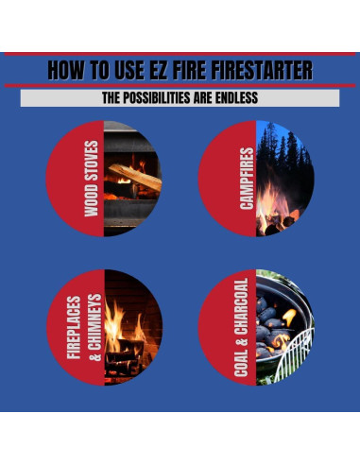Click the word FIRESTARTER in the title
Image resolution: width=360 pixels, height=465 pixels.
pos(262,70)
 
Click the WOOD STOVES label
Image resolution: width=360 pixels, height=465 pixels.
pos(92,179)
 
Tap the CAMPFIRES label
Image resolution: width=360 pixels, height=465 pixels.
pos(247,179)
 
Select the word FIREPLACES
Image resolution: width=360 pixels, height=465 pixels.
pos(74,327)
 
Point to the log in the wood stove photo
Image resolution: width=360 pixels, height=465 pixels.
pos(134,178)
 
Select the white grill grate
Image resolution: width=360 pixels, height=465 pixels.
pos(295,353)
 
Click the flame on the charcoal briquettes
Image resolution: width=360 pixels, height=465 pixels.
pos(289,317)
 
